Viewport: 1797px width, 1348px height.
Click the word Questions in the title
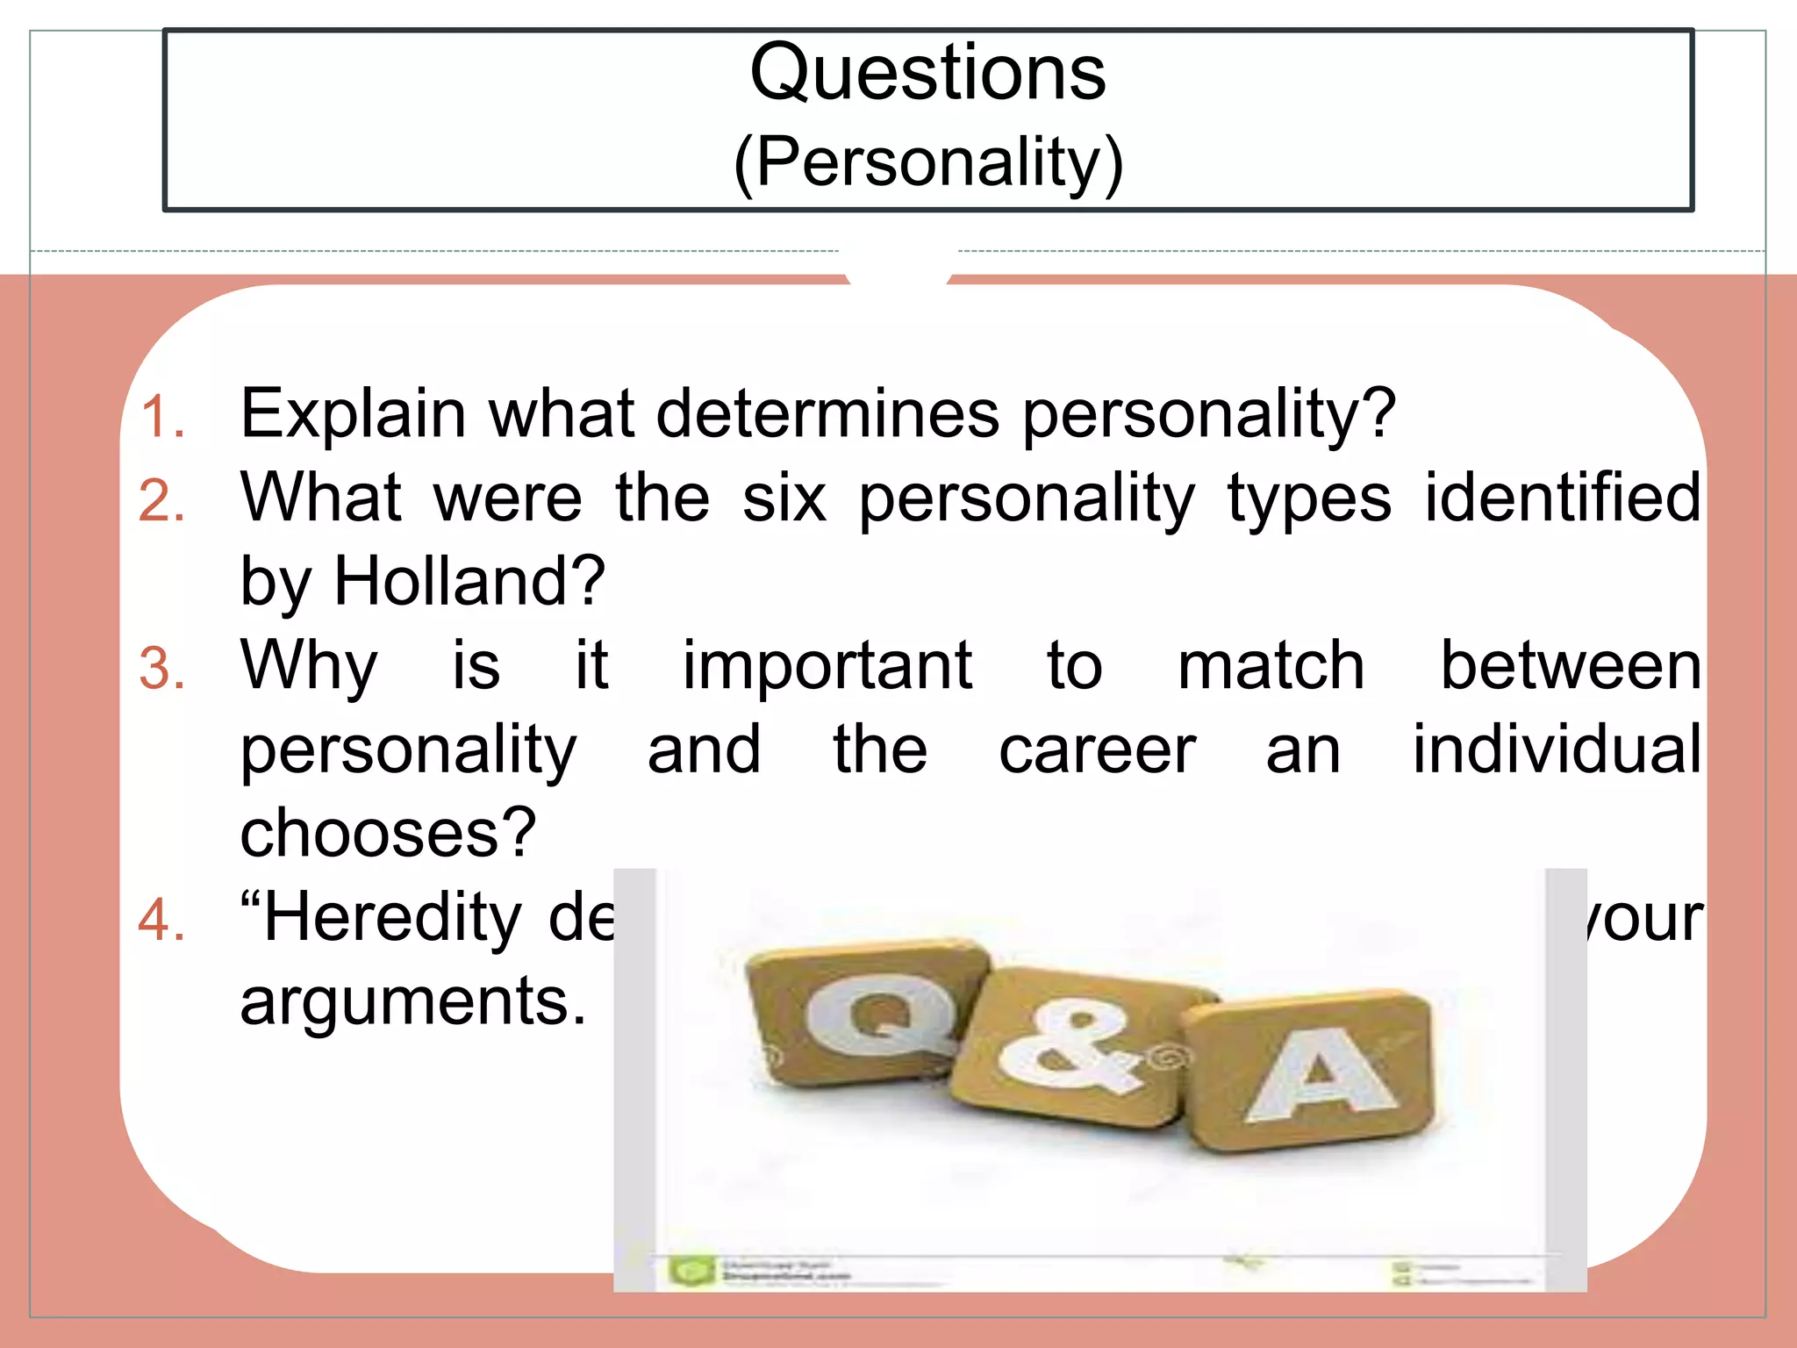(927, 72)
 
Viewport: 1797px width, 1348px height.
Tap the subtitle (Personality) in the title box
(928, 162)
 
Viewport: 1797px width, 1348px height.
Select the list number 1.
(163, 416)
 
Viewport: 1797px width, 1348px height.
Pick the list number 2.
(162, 501)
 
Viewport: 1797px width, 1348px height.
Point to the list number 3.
(162, 669)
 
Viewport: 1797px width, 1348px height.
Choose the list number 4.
(162, 921)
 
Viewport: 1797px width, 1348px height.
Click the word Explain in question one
(353, 413)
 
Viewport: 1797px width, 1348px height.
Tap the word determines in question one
(827, 412)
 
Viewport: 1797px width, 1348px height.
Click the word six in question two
(784, 498)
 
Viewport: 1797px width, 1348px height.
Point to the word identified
(1563, 498)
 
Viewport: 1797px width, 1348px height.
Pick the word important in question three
(827, 665)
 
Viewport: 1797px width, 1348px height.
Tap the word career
(1097, 750)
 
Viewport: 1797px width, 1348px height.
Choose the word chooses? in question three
(388, 833)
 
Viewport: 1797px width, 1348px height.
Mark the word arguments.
(412, 1001)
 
